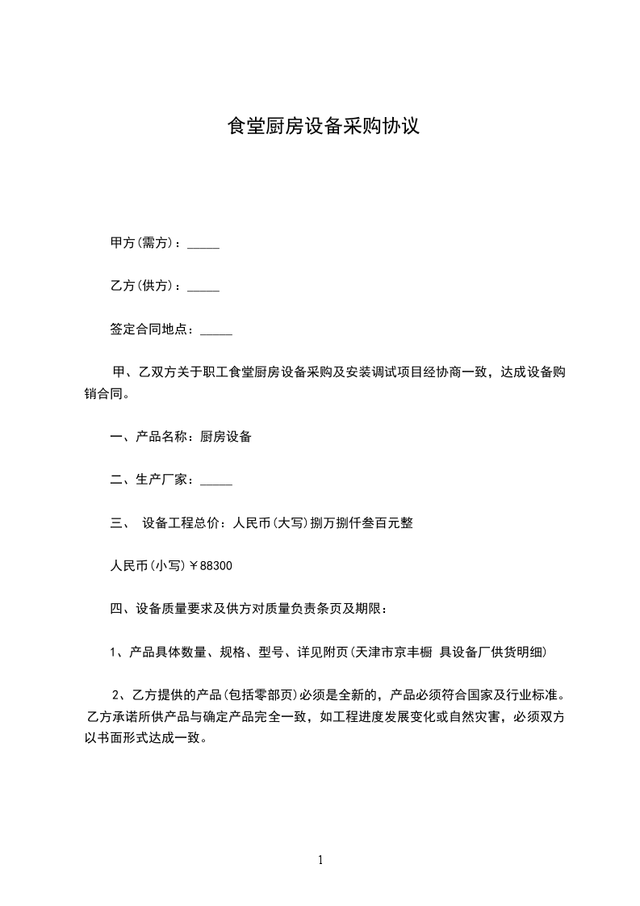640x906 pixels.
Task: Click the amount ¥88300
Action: pyautogui.click(x=211, y=566)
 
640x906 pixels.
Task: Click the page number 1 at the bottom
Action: pyautogui.click(x=320, y=860)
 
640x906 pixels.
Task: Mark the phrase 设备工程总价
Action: pyautogui.click(x=180, y=522)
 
